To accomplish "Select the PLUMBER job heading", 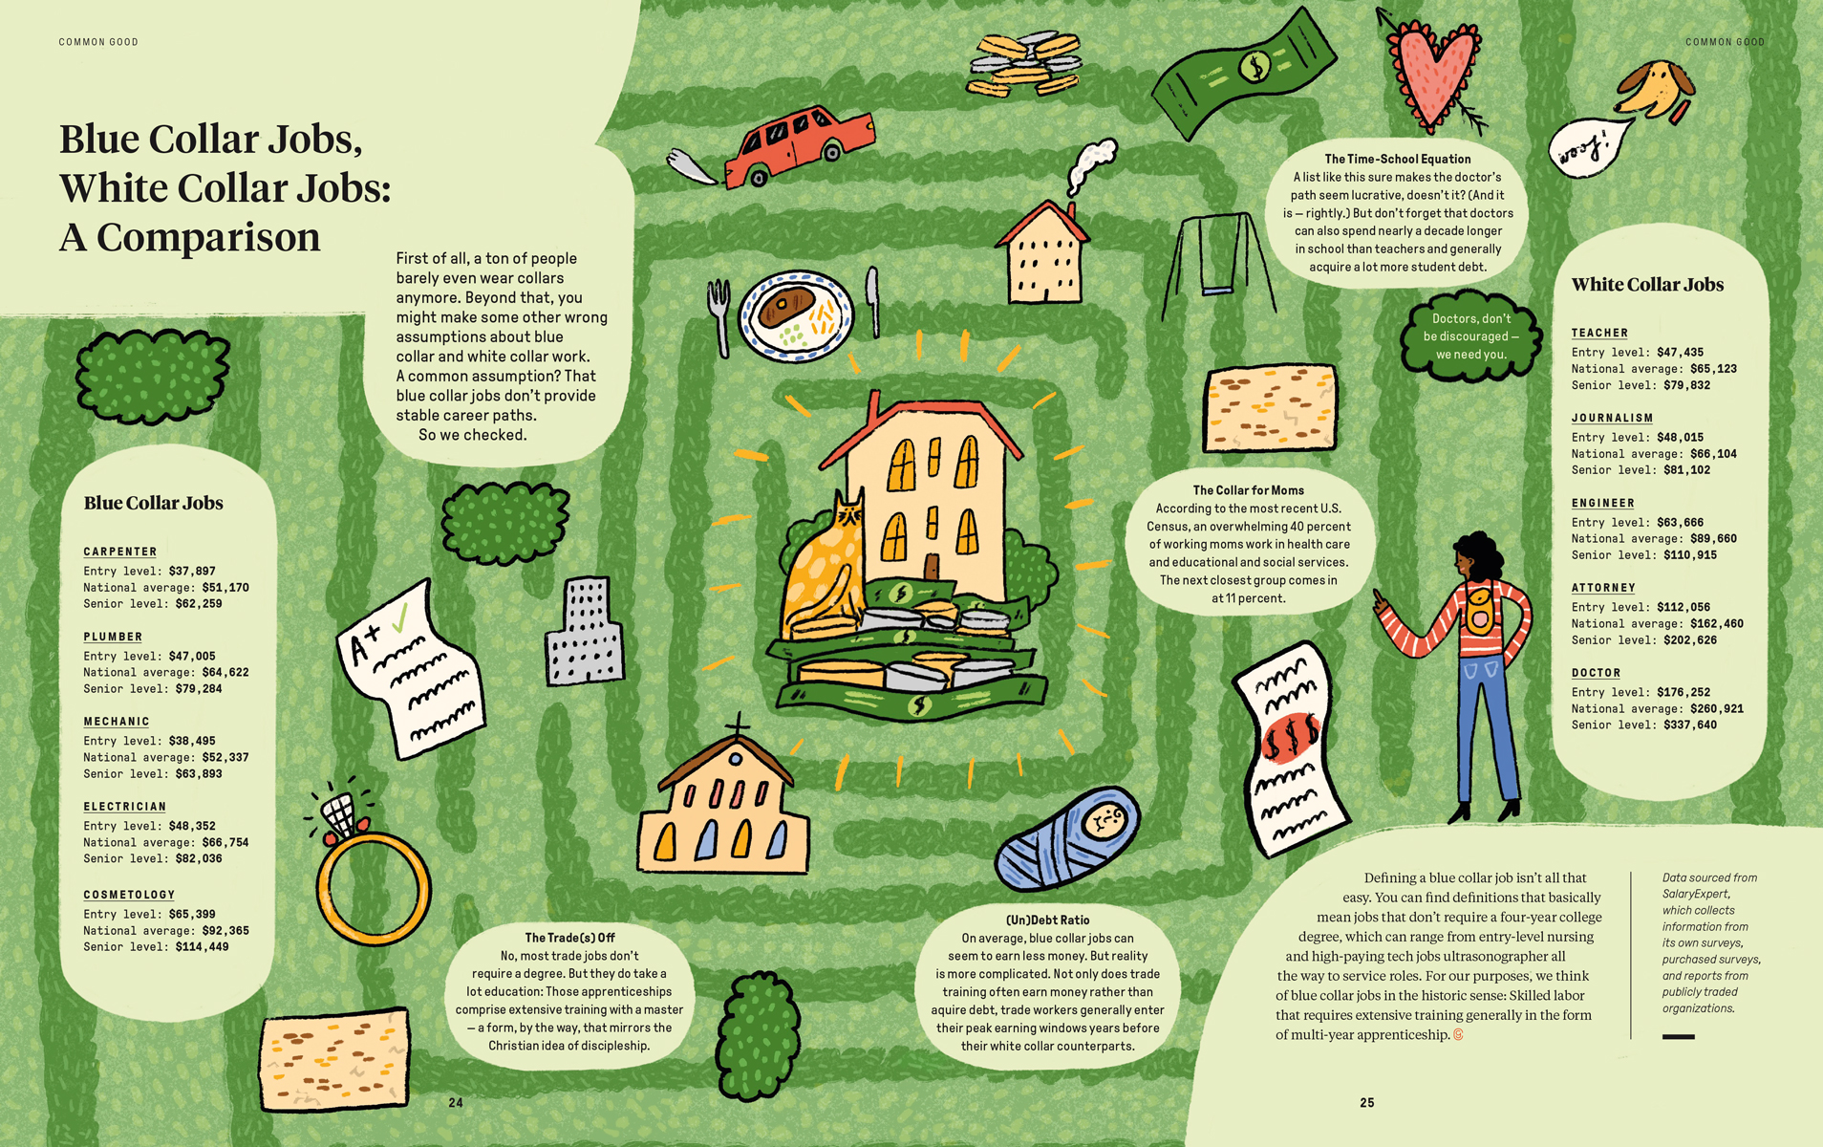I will (x=113, y=637).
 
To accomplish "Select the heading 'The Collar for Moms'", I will (x=1248, y=490).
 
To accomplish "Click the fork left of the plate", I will (x=719, y=315).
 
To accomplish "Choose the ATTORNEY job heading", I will (x=1603, y=588).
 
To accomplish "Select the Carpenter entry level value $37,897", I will (x=192, y=572).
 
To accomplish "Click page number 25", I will (x=1366, y=1103).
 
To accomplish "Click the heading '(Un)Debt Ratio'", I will (x=1047, y=920).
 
